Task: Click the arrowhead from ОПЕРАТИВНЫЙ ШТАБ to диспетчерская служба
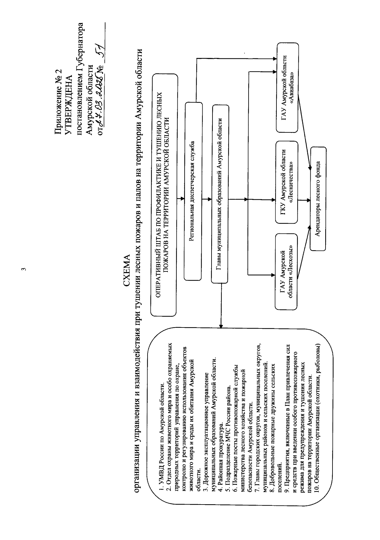(x=182, y=199)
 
